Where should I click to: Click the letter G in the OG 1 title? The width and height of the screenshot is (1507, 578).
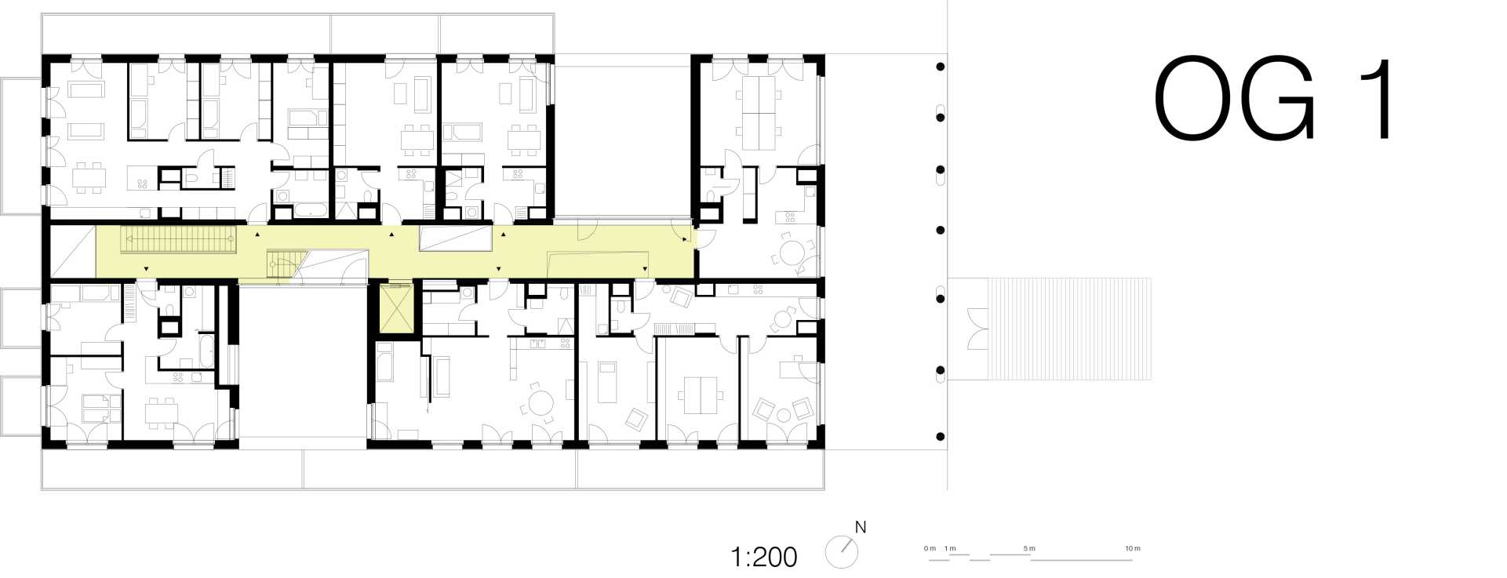(x=1275, y=99)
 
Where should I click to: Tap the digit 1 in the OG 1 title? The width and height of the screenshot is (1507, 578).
(x=1378, y=99)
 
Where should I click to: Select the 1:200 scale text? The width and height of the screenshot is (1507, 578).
(x=763, y=557)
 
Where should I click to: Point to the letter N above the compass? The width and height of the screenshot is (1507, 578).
(x=861, y=528)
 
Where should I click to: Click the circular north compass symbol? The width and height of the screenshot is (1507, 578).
(x=842, y=552)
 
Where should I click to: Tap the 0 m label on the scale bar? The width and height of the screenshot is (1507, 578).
(x=930, y=548)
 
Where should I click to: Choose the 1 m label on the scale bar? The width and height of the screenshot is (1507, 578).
(x=950, y=548)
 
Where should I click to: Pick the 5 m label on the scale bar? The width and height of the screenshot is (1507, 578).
(x=1029, y=548)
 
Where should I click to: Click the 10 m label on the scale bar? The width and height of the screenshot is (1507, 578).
(x=1133, y=548)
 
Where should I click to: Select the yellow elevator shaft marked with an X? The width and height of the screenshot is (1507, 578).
(x=395, y=308)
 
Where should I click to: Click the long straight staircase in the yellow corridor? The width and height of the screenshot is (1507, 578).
(x=178, y=239)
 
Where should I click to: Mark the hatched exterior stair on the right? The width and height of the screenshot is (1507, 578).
(x=1069, y=329)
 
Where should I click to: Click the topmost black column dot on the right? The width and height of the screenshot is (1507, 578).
(x=941, y=67)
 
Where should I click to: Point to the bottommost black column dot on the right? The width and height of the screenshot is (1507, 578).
(x=941, y=437)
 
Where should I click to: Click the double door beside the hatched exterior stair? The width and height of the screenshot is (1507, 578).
(x=977, y=329)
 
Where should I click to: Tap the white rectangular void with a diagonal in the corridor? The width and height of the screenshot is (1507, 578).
(x=455, y=238)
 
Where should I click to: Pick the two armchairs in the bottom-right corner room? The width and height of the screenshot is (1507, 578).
(x=783, y=409)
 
